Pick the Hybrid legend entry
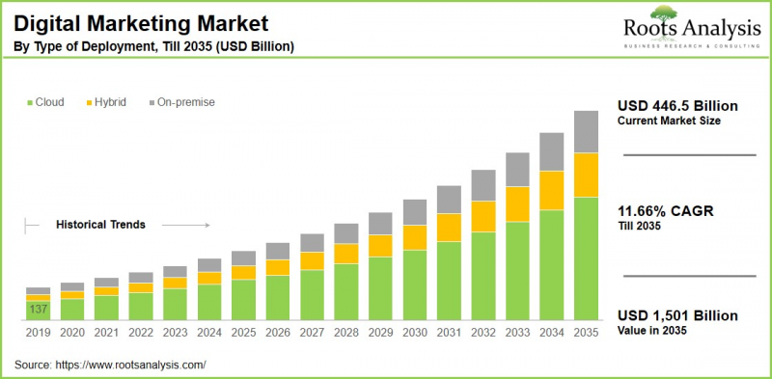[x=106, y=102]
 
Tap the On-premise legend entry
[x=179, y=102]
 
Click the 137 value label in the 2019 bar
[x=38, y=310]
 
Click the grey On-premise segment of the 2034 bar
[x=551, y=151]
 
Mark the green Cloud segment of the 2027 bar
[x=312, y=294]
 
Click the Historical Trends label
[x=100, y=225]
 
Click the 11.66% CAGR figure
[x=666, y=212]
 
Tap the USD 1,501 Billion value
[x=676, y=316]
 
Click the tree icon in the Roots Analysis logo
[x=664, y=13]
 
